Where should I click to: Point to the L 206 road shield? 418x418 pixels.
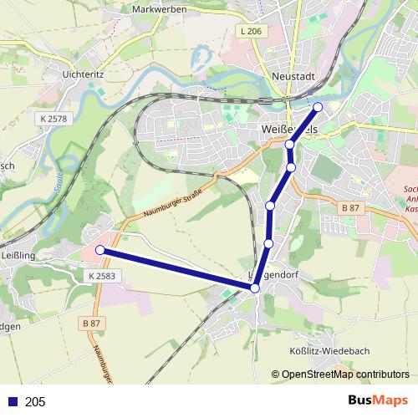[250, 31]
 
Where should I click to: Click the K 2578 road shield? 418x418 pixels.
[53, 120]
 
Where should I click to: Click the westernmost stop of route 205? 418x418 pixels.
[99, 250]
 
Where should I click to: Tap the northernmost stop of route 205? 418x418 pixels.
[318, 106]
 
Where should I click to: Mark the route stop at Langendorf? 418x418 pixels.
[255, 288]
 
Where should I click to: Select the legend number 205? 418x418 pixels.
[35, 402]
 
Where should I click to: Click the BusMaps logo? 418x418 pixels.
[378, 400]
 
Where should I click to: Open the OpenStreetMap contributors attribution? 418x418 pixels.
[344, 375]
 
